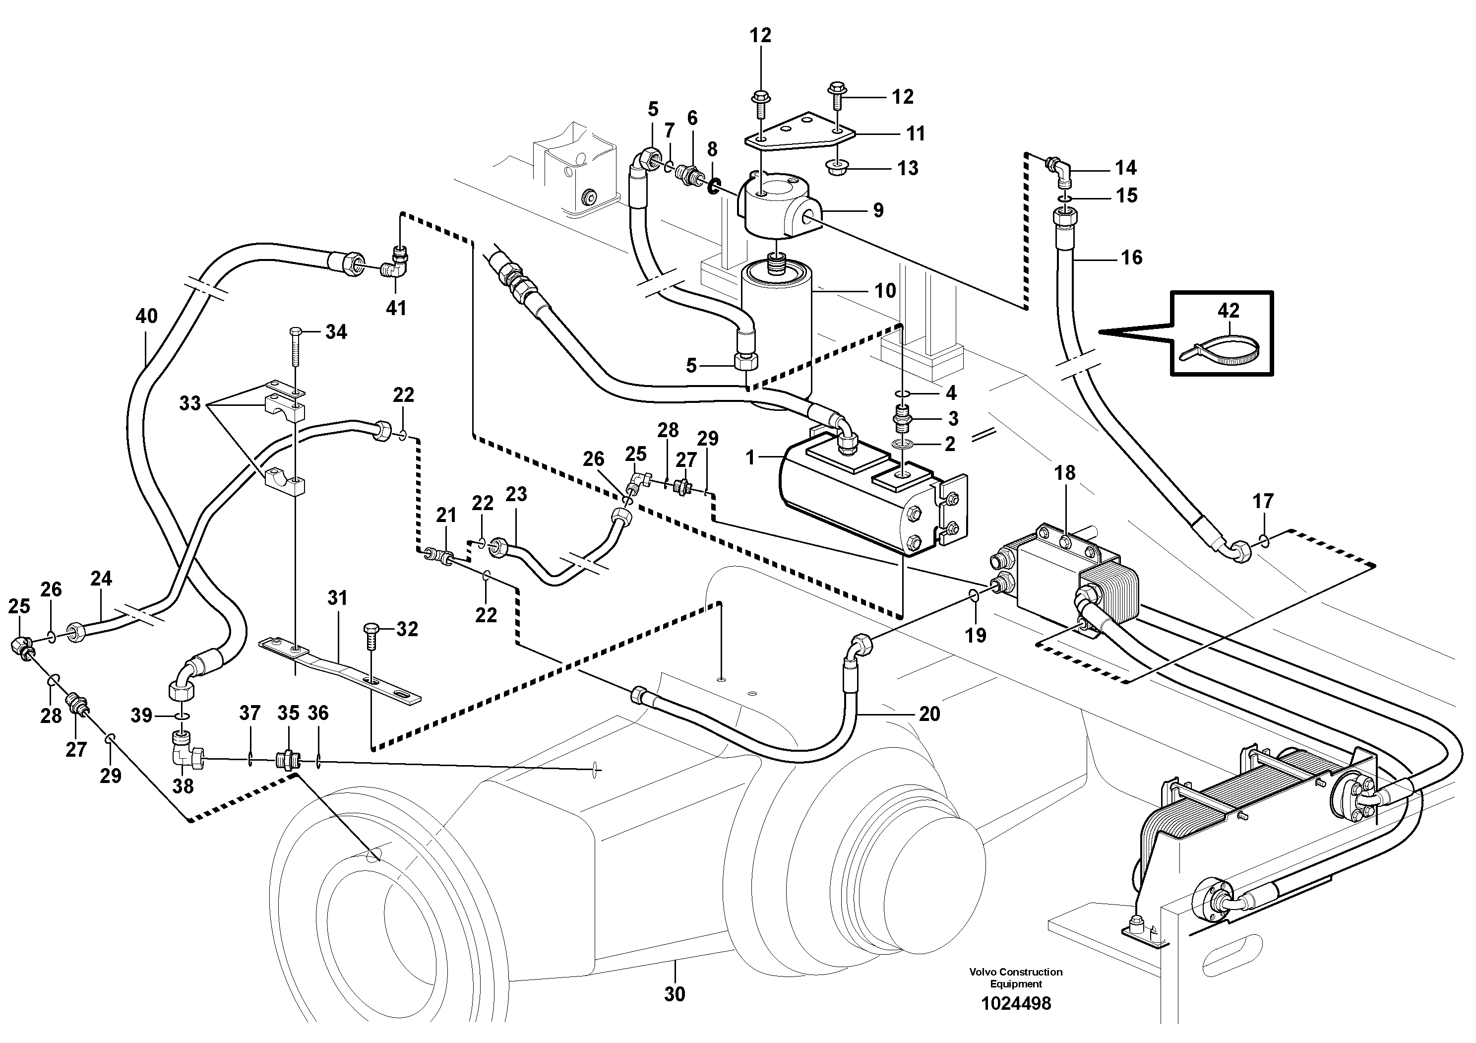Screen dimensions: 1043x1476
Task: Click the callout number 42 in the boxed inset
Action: (1228, 311)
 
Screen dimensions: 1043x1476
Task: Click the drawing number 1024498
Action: (1016, 1003)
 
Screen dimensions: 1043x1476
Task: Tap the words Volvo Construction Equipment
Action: (1016, 978)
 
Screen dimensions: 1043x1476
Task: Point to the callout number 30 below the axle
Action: (675, 994)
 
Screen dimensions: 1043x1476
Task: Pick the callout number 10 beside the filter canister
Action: (885, 291)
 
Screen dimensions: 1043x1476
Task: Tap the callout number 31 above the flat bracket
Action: (337, 598)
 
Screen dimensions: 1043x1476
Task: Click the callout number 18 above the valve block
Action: (1064, 473)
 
